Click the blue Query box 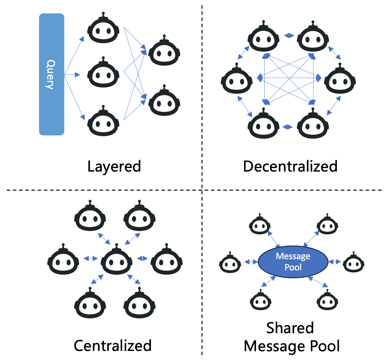pos(51,74)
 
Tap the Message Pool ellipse pos(293,262)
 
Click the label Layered pos(114,166)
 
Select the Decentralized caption pos(290,166)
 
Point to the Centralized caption pos(113,346)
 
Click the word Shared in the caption pos(290,328)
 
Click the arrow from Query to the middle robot pos(72,75)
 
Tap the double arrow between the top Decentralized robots pos(289,36)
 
